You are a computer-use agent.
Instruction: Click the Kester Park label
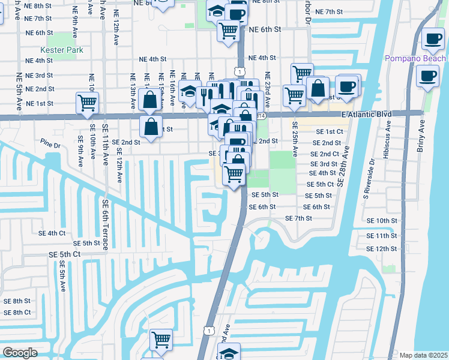point(61,50)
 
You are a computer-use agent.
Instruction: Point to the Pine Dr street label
point(51,145)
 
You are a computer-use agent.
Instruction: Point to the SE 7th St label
point(299,218)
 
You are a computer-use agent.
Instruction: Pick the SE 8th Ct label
point(17,312)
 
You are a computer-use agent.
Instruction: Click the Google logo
point(20,353)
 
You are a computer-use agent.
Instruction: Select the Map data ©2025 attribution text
point(423,355)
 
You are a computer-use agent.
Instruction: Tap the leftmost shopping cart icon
point(88,103)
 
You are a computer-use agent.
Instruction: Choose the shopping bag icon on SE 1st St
point(151,127)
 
